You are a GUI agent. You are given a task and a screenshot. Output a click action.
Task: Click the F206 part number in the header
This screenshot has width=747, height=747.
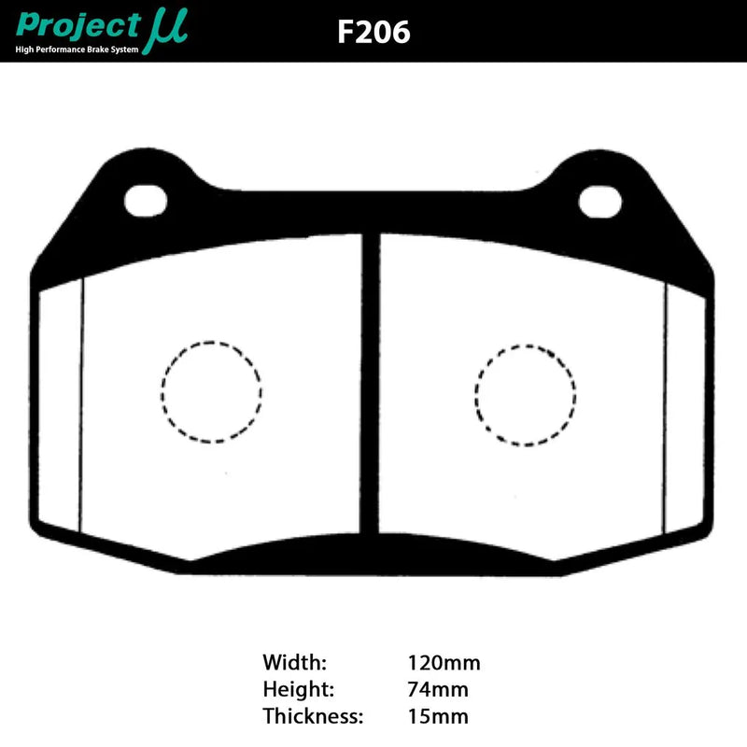coord(373,32)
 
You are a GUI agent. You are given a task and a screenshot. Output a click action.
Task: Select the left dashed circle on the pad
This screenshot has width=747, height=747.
coord(211,389)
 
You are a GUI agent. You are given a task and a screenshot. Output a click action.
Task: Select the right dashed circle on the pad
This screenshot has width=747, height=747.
coord(525,394)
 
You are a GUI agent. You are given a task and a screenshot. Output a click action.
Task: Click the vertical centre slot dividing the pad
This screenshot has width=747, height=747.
coord(371,392)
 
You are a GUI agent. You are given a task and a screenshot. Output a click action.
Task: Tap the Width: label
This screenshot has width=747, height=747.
coord(295,664)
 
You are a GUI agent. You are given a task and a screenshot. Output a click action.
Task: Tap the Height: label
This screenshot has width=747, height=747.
coord(298,690)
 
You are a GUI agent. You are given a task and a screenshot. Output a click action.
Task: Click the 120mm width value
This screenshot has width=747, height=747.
coord(444,664)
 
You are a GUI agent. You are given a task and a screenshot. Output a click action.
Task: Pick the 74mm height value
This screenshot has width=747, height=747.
coord(437,690)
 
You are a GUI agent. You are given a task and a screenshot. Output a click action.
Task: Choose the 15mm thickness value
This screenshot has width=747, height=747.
coord(437,716)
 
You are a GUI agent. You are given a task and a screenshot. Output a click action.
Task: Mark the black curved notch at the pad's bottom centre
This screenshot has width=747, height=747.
coord(372,546)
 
